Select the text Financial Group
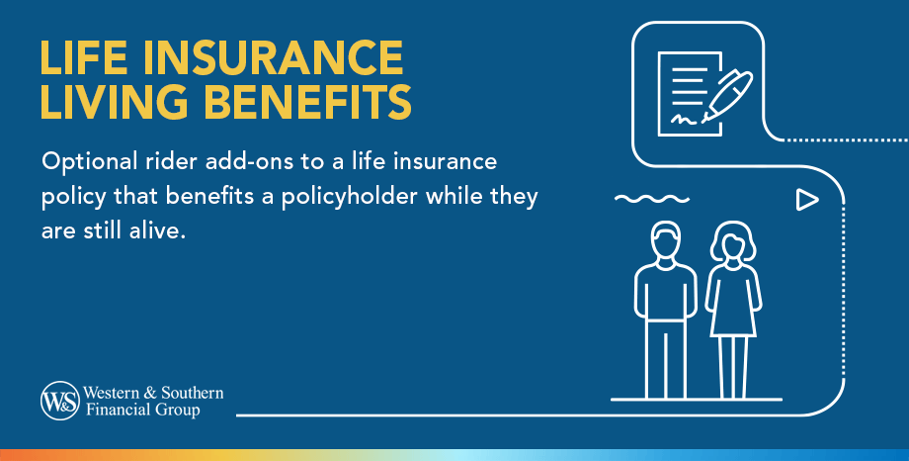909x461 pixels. pyautogui.click(x=146, y=409)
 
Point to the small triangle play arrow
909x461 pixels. pyautogui.click(x=807, y=200)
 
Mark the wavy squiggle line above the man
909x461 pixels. pyautogui.click(x=643, y=200)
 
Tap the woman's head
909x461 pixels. pyautogui.click(x=733, y=242)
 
